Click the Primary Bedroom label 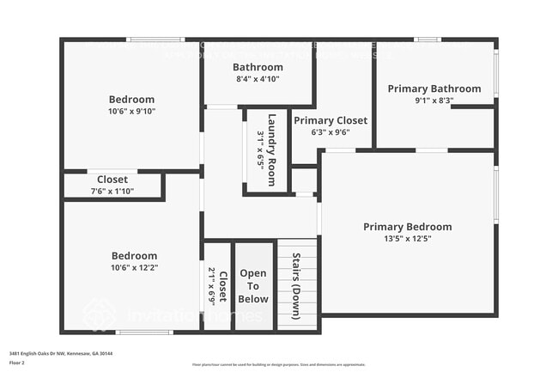pos(407,227)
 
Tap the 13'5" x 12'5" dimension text pos(407,239)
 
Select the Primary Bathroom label pos(434,88)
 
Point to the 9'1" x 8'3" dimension pos(434,101)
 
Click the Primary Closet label pos(331,120)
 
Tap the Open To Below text pos(253,286)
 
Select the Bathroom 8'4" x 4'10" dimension pos(258,79)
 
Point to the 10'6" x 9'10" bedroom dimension pos(131,111)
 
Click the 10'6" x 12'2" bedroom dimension pos(135,267)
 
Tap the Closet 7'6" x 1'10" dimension pos(112,191)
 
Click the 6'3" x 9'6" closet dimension pos(331,133)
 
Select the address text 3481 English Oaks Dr pos(61,352)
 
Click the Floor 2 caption pos(17,363)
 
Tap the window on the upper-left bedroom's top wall pos(155,40)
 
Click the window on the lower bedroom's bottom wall pos(144,332)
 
